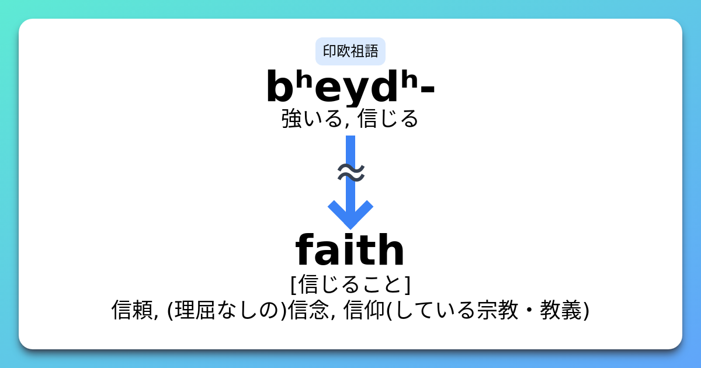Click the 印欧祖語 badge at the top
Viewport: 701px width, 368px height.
tap(350, 51)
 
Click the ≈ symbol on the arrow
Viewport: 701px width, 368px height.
tap(351, 172)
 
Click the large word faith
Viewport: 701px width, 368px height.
tap(350, 251)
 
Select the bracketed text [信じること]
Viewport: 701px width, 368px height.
tap(350, 284)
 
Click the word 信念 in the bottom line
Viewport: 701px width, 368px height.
tap(308, 310)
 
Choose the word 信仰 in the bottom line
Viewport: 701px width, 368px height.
tap(364, 310)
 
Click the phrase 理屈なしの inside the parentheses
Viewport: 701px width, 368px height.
tap(228, 310)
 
